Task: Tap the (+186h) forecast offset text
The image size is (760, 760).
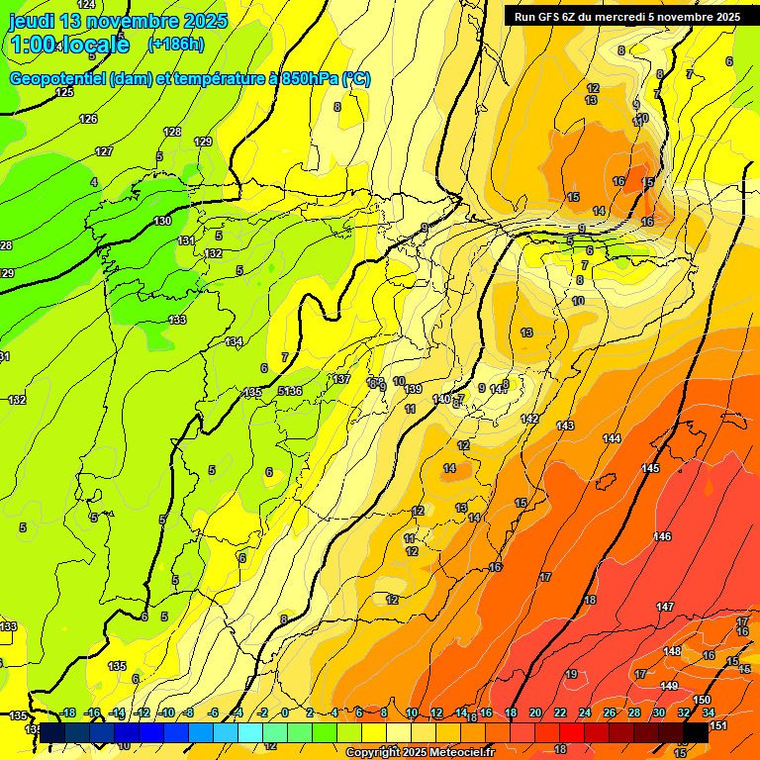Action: tap(175, 44)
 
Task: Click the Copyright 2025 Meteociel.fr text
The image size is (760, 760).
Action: tap(419, 752)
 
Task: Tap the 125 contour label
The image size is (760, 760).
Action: tap(64, 92)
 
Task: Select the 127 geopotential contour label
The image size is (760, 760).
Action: tap(104, 151)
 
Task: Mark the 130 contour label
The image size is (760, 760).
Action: tap(162, 221)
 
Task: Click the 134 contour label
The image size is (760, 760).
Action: tap(234, 341)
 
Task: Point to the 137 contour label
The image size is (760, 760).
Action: tap(341, 379)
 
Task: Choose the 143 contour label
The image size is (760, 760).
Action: tap(565, 426)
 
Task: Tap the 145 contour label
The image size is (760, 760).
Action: tap(650, 468)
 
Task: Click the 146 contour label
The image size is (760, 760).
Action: tap(662, 536)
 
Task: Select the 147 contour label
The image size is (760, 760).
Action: tap(665, 606)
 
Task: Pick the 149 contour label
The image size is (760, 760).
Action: tap(669, 686)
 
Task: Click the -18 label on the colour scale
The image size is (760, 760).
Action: tap(68, 712)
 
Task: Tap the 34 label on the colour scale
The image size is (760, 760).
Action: tap(709, 712)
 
